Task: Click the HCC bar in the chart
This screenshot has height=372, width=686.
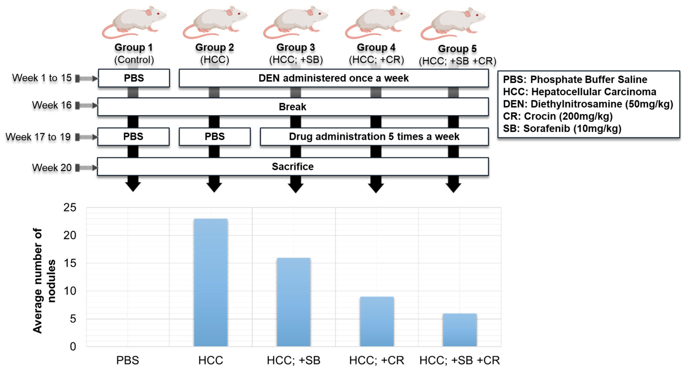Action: click(211, 282)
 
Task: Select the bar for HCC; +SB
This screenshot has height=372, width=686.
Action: click(293, 302)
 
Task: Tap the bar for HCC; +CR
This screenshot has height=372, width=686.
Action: click(377, 321)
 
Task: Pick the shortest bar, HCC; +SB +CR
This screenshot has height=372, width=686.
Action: click(459, 330)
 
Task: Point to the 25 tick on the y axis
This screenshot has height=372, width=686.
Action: click(70, 208)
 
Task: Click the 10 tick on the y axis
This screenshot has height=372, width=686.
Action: click(70, 291)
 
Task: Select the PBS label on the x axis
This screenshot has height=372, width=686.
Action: click(127, 361)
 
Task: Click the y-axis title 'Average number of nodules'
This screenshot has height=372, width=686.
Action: click(44, 281)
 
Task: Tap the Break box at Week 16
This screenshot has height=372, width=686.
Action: click(293, 107)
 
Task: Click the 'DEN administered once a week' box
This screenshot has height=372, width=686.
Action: click(333, 78)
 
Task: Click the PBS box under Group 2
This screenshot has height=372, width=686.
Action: click(215, 137)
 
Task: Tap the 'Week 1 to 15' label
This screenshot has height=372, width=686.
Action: click(42, 78)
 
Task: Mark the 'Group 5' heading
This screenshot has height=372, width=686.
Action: click(457, 49)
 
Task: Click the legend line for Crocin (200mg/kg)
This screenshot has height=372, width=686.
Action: click(558, 116)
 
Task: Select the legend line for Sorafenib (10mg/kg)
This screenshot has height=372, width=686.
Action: click(562, 128)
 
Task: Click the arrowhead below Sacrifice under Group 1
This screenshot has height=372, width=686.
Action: click(133, 186)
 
